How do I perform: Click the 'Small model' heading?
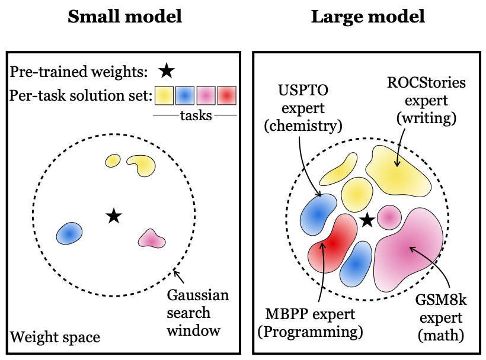tap(124, 17)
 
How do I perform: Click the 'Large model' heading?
tap(368, 17)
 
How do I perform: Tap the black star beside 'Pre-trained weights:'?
tap(167, 72)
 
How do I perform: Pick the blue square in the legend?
tap(186, 95)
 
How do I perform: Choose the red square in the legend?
tap(227, 95)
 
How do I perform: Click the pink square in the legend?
tap(206, 95)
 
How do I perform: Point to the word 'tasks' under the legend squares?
tap(196, 115)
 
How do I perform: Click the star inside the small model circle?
tap(113, 216)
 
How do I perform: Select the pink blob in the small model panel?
tap(151, 239)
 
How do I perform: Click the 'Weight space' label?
tap(55, 337)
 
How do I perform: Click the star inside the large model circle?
tap(367, 220)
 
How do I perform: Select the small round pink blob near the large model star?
tap(389, 218)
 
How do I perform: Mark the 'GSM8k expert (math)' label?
tap(440, 318)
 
